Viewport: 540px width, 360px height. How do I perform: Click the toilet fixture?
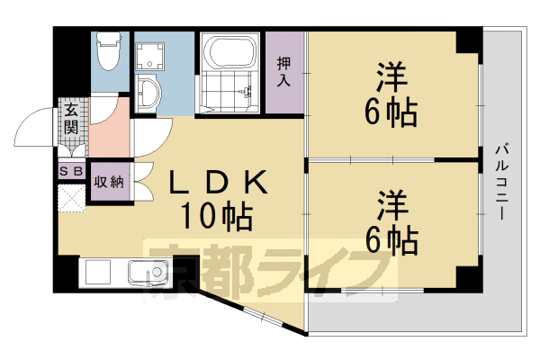point(109,51)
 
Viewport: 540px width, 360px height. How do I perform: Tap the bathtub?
point(230,52)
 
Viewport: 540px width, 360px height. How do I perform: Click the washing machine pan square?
point(149,57)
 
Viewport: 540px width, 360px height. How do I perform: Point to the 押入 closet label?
point(283,72)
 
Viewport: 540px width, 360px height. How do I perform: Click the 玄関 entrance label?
point(71,119)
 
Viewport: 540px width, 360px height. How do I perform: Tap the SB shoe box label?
point(71,171)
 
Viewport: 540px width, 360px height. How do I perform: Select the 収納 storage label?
point(109,182)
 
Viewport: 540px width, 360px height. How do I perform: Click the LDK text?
point(218,182)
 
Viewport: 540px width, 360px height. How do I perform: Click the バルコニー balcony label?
point(502,182)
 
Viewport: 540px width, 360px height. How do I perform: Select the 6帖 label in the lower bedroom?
point(391,240)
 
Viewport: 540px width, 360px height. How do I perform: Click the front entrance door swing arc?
point(32,125)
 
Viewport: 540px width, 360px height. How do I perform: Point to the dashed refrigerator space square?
point(72,198)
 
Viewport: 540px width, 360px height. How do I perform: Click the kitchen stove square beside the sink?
point(98,272)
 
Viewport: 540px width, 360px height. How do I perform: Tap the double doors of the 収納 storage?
point(143,182)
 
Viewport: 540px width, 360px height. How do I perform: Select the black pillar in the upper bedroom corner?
point(468,41)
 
